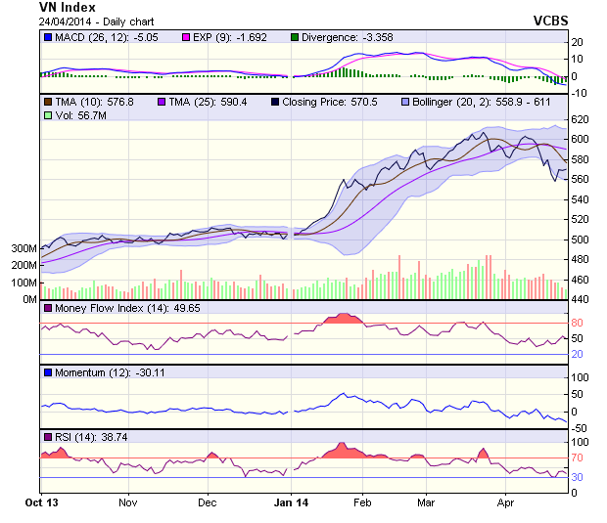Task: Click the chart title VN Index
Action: click(67, 8)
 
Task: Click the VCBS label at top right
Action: click(550, 20)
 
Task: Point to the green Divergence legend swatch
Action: click(295, 37)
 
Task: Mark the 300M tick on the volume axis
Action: click(23, 249)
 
